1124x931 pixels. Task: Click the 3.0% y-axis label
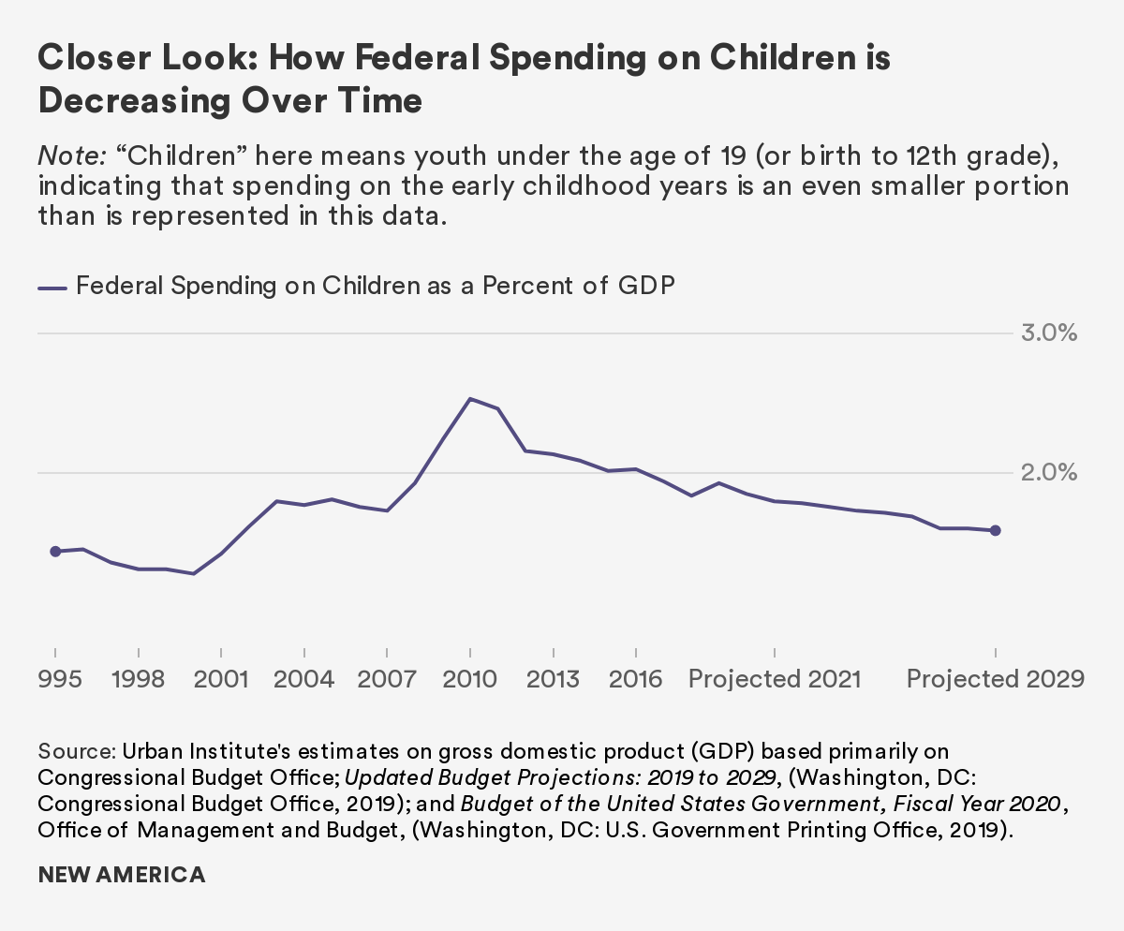pos(1048,333)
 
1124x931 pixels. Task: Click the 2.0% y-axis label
pos(1048,473)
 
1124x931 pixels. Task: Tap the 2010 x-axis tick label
pos(470,678)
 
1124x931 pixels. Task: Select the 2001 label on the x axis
pos(220,678)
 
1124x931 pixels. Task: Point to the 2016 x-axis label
pos(636,678)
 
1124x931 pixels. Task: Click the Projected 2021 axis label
pos(774,678)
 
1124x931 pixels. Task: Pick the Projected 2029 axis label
pos(995,678)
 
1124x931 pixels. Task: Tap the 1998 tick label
pos(138,678)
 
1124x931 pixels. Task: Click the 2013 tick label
pos(553,678)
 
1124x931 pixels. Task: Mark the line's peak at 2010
pos(470,399)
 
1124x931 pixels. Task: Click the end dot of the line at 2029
pos(995,530)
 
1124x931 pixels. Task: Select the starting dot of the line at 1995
pos(55,552)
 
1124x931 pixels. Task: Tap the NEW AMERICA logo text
pos(122,876)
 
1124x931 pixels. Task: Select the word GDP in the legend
pos(646,286)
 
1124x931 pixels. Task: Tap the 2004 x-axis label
pos(303,678)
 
